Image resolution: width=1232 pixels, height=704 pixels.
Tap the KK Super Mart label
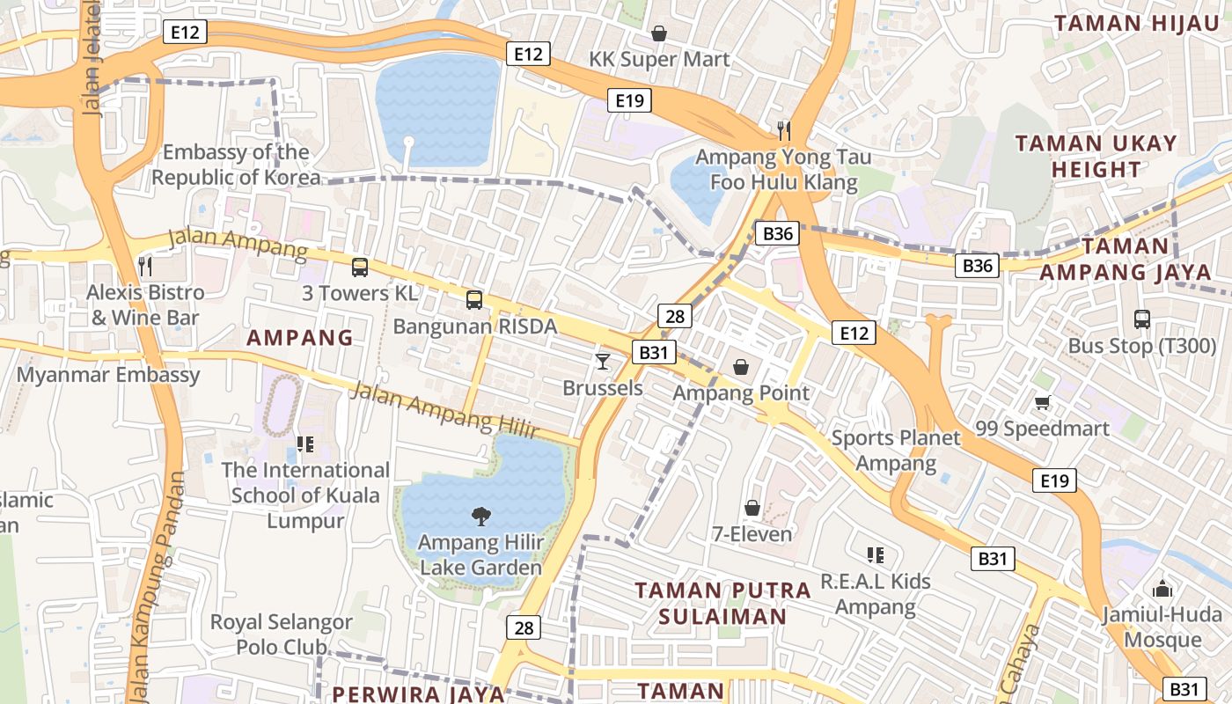click(659, 59)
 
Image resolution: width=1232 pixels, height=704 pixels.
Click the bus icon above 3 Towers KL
click(359, 268)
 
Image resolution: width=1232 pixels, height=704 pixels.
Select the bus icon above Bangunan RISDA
click(474, 300)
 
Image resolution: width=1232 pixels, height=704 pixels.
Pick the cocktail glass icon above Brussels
click(603, 361)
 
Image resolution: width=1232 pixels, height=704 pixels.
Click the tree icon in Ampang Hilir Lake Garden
click(480, 516)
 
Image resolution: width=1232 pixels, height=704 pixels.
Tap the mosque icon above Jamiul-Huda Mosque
click(1162, 589)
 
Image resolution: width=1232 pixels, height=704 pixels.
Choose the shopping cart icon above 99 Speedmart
click(1043, 402)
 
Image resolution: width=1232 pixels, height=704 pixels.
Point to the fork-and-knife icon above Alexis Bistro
click(145, 266)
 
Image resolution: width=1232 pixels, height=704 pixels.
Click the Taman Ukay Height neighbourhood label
click(1096, 156)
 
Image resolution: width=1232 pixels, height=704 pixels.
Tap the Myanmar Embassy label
click(108, 375)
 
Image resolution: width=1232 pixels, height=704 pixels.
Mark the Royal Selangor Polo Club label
click(282, 634)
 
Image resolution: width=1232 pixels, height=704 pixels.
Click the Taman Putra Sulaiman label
click(722, 603)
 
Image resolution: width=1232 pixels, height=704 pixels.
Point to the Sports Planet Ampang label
click(896, 451)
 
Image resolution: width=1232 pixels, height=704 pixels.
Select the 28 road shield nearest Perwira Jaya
click(524, 627)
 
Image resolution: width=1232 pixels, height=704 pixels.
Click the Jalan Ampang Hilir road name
click(444, 410)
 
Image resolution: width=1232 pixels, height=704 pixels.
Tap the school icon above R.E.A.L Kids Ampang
click(875, 554)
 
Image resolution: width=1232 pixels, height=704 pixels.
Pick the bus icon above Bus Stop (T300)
click(1141, 319)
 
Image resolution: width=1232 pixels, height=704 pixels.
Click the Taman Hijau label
click(1137, 24)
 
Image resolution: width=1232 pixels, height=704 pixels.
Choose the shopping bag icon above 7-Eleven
click(752, 508)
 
